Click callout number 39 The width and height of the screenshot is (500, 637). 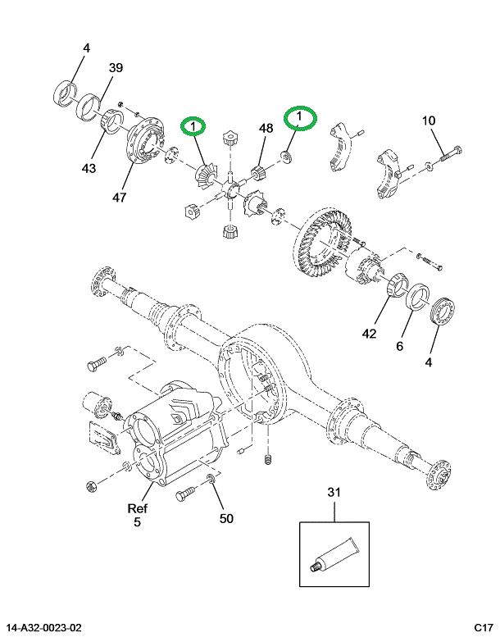click(x=116, y=68)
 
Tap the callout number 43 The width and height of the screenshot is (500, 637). click(x=89, y=168)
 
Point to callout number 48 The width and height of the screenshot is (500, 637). click(x=266, y=128)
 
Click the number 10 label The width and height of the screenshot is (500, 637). click(x=429, y=121)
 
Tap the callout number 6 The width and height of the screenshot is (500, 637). click(x=399, y=347)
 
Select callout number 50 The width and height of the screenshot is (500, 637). click(x=226, y=518)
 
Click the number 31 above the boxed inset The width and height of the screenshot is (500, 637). click(x=334, y=492)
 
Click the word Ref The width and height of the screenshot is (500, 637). click(x=138, y=507)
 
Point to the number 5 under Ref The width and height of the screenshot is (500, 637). click(x=138, y=522)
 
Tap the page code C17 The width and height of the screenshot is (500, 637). click(x=482, y=628)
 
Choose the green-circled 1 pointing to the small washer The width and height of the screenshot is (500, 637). click(x=299, y=118)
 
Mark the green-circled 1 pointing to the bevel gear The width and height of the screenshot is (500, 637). click(x=193, y=126)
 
